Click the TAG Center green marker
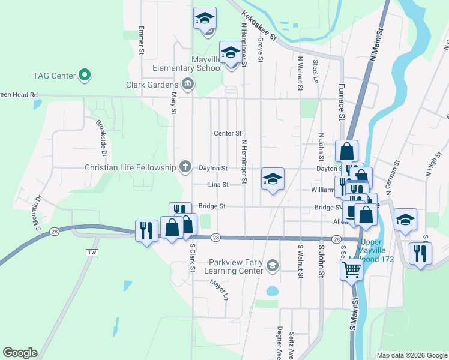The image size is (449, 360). [85, 76]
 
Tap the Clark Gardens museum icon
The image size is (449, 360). [188, 83]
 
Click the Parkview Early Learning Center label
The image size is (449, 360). [235, 266]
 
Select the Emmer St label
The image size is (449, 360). [142, 41]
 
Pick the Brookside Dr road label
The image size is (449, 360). [102, 138]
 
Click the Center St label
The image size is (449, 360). [228, 133]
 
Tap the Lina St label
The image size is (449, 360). [218, 185]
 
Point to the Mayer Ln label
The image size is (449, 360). [219, 290]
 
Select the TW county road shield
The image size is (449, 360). [92, 253]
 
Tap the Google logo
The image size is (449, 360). [20, 353]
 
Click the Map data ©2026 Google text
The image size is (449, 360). [411, 355]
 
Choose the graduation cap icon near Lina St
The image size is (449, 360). [273, 179]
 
